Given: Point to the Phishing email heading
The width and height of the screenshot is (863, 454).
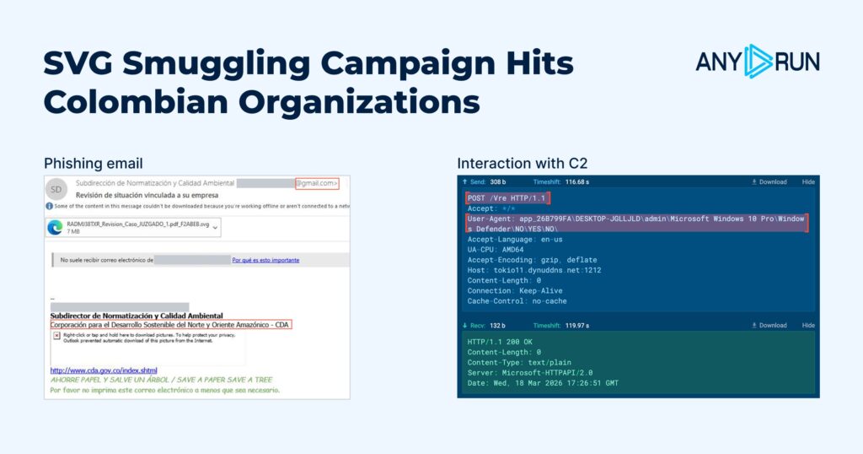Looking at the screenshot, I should coord(94,164).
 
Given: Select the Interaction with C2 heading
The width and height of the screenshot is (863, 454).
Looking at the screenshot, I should coord(517,164).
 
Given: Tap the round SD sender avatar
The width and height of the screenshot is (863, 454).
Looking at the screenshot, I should coord(57,188).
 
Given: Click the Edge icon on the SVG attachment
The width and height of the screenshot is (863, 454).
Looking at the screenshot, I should coord(56,226).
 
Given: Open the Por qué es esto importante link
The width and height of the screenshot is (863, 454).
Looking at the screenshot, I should coord(265,260).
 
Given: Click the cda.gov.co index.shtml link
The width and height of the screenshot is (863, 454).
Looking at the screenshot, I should coord(104,370).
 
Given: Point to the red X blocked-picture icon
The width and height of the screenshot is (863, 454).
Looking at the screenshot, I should coord(56,335).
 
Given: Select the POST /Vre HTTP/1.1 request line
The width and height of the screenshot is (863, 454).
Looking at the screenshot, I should coord(507,197).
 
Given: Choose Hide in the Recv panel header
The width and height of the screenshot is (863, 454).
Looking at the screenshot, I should coord(808,325).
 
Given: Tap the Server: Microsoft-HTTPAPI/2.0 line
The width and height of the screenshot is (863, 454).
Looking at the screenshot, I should coord(530,372).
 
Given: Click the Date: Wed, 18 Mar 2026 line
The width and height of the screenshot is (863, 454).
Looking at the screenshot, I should coord(543,383).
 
